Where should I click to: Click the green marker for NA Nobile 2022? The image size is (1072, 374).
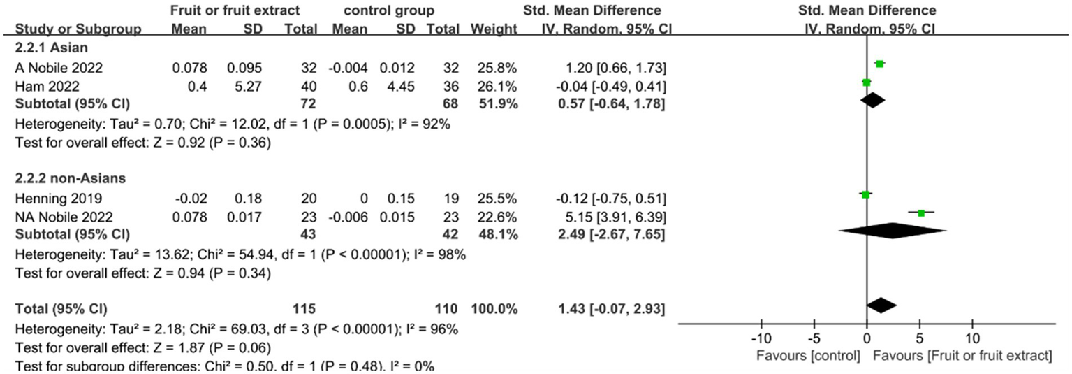point(921,213)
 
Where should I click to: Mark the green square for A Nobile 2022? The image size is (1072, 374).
point(879,64)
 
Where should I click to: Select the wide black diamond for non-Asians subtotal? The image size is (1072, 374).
point(893,231)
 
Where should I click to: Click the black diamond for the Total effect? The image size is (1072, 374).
point(881,305)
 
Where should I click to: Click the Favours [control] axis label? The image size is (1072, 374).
point(808,356)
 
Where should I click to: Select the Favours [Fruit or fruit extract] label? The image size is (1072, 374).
point(962,356)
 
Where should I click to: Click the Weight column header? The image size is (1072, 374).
point(494,29)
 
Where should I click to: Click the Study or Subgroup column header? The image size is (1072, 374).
point(78,29)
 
